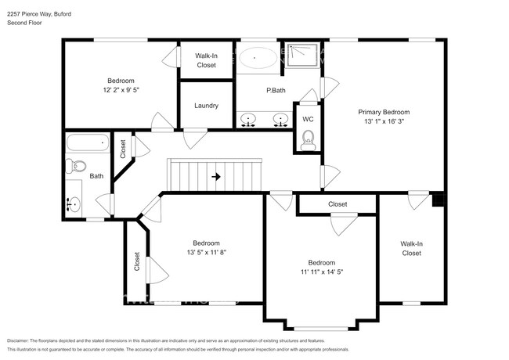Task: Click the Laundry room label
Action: pos(206,106)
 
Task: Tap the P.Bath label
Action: pos(275,91)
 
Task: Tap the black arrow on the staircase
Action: pos(216,176)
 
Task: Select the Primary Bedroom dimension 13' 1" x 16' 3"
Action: pos(384,121)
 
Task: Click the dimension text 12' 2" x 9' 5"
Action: pos(121,90)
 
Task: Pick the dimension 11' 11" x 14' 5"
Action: pos(321,272)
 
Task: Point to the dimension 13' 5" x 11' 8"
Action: pos(207,252)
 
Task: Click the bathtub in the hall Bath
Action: pos(88,142)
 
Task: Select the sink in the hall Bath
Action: pos(73,203)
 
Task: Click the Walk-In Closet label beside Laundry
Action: pos(206,60)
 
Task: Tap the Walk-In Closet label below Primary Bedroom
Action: pos(411,248)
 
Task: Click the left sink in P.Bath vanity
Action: pos(249,121)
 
